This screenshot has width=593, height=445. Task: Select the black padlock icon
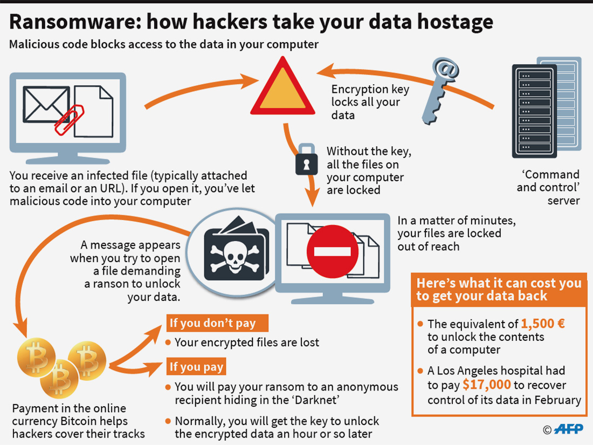306,159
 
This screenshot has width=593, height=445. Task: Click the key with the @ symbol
439,89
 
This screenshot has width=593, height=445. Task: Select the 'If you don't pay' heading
212,323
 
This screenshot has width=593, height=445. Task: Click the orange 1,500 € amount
542,324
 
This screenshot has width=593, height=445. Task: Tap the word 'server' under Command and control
564,201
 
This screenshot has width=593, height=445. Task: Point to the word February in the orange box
557,400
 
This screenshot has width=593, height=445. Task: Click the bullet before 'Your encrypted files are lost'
169,343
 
